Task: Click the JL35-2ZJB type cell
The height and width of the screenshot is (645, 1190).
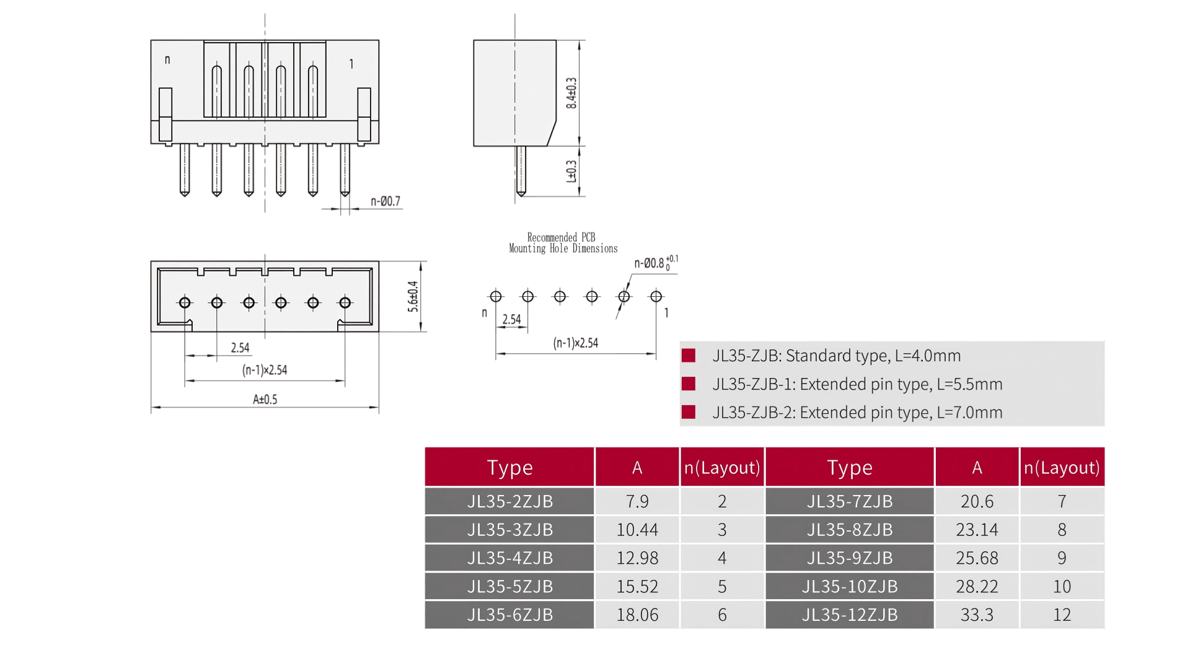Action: click(509, 501)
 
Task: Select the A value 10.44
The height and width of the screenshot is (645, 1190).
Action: click(637, 530)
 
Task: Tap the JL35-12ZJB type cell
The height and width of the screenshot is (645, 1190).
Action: click(849, 615)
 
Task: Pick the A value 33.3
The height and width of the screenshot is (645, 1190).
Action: click(977, 615)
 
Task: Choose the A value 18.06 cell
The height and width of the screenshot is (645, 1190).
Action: click(637, 615)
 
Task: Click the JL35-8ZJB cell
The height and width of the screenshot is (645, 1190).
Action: click(849, 530)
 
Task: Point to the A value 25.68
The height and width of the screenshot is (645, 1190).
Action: click(977, 558)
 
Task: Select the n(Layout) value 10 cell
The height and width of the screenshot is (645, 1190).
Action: click(1062, 586)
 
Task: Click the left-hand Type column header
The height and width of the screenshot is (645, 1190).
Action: click(509, 467)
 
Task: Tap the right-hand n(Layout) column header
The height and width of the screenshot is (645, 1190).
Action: click(1062, 467)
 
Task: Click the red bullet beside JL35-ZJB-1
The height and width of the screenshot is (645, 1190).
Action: click(688, 384)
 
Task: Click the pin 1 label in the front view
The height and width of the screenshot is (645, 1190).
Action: click(351, 64)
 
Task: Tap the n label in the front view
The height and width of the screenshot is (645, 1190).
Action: click(167, 60)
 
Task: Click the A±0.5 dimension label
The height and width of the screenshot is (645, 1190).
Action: click(265, 400)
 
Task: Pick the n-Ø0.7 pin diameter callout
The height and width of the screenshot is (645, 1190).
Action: click(386, 201)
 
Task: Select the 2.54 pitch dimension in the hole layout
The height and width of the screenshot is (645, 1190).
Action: click(511, 320)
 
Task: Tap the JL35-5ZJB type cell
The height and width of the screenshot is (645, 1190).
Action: click(509, 586)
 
